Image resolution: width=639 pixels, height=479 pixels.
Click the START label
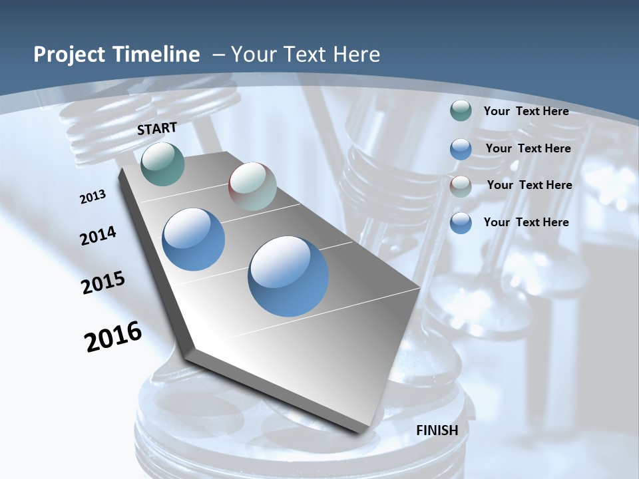pos(157,128)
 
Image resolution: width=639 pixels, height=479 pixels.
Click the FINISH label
pos(437,430)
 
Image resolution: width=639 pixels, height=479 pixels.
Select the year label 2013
pos(93,197)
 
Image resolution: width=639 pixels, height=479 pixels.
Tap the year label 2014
pos(99,236)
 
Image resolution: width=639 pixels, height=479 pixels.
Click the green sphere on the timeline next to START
pos(163,164)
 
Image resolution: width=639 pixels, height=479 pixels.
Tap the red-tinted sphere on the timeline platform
pos(252,186)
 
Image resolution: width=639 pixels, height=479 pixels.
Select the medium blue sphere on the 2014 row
pos(194,239)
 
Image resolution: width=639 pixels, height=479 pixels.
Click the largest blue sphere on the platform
pos(289,276)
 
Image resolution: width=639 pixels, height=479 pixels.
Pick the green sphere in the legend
pos(461,111)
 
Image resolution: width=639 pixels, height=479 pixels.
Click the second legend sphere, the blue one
pos(461,149)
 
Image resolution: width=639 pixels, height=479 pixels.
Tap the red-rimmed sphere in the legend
pos(461,186)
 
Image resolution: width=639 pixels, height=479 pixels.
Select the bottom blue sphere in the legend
pos(461,223)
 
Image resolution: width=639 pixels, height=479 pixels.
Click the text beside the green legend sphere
pos(526,111)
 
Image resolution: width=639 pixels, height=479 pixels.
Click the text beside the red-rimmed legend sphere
pos(529,185)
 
